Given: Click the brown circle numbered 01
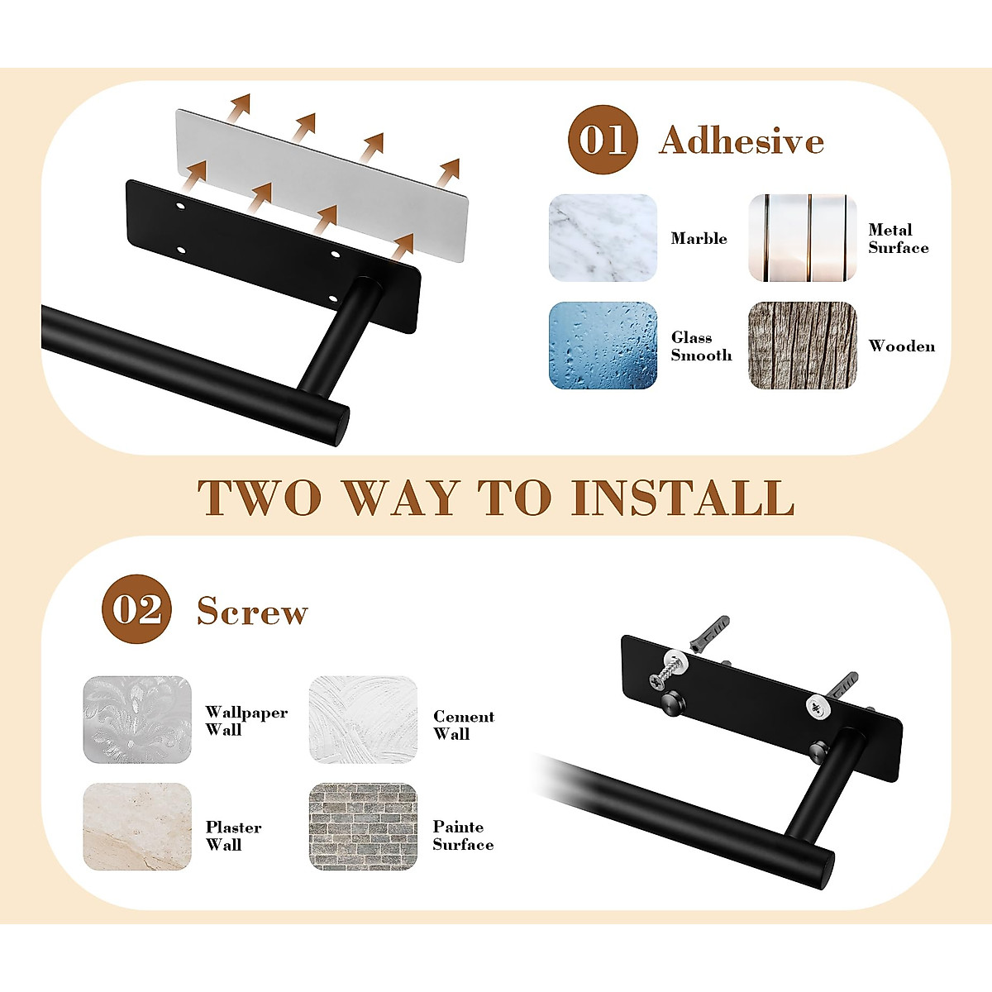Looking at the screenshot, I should [603, 140].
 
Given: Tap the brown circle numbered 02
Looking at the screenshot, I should [136, 609].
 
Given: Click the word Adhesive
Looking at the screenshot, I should [742, 141].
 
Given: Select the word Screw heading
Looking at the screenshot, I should [252, 612].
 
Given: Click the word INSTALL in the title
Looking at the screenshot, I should [683, 498].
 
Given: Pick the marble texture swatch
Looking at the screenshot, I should [603, 238].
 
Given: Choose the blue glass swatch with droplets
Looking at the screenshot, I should [603, 346].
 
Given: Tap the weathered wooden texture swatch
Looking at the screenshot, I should [802, 346].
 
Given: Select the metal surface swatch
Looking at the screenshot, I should [802, 238].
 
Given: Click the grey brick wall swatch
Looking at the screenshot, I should [363, 827].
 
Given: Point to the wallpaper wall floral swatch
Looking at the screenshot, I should [137, 719].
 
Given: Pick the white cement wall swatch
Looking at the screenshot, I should [363, 719].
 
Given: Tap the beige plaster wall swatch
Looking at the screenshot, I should [137, 827].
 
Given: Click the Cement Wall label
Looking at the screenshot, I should [464, 725].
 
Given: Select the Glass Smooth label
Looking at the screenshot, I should [701, 346].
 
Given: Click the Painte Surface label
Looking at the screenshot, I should [463, 836].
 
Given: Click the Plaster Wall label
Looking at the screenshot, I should [233, 836].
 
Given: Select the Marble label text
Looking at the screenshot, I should [699, 239].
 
